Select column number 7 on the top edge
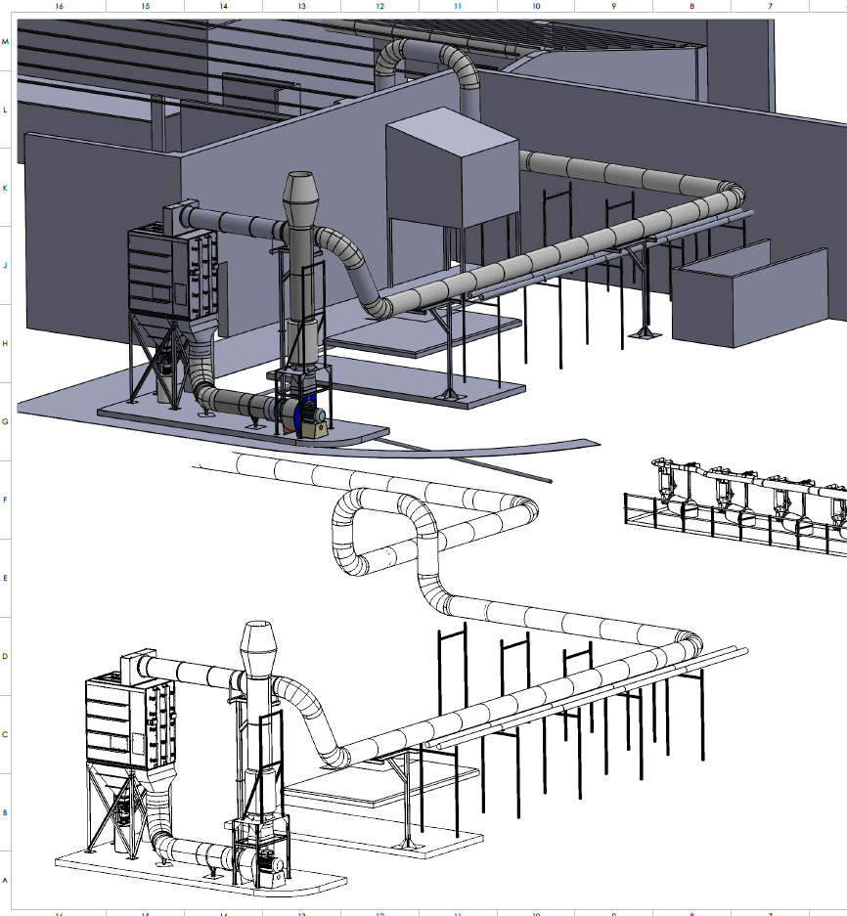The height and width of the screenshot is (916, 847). [x=770, y=6]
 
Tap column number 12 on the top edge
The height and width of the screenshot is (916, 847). [x=379, y=6]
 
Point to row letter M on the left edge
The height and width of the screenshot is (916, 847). [x=6, y=42]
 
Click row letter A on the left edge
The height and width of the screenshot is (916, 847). [x=6, y=880]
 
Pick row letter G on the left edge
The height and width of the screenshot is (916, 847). [x=6, y=422]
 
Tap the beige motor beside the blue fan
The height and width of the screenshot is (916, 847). [x=314, y=424]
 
